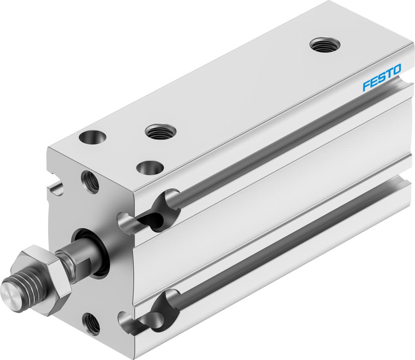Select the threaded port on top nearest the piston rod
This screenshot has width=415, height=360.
coord(160,131)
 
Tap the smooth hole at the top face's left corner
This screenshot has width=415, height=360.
coord(92,138)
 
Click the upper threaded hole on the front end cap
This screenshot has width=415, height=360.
coord(90,181)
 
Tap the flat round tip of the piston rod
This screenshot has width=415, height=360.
coord(9,292)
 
